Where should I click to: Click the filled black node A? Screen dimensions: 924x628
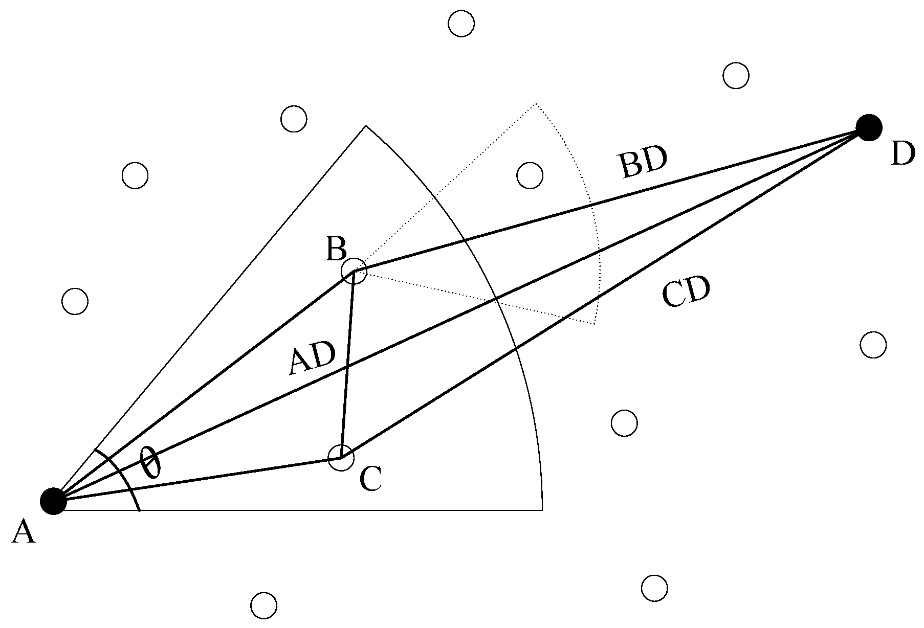(54, 501)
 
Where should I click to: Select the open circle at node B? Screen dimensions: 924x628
(354, 271)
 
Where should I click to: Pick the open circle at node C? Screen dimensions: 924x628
(341, 457)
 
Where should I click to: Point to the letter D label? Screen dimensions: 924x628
(902, 154)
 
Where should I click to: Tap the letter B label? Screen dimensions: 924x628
(336, 250)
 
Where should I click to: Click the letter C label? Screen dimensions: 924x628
(370, 479)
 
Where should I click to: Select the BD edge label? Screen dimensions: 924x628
(644, 163)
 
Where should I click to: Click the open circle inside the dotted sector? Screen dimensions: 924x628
(530, 175)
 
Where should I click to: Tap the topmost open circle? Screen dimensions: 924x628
(461, 24)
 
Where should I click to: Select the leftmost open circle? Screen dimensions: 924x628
(75, 301)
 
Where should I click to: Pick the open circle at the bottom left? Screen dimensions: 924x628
(263, 605)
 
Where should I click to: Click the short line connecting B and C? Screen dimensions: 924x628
(347, 364)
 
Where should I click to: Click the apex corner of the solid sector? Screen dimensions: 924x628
(366, 125)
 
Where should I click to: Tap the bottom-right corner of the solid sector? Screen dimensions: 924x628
(542, 510)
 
